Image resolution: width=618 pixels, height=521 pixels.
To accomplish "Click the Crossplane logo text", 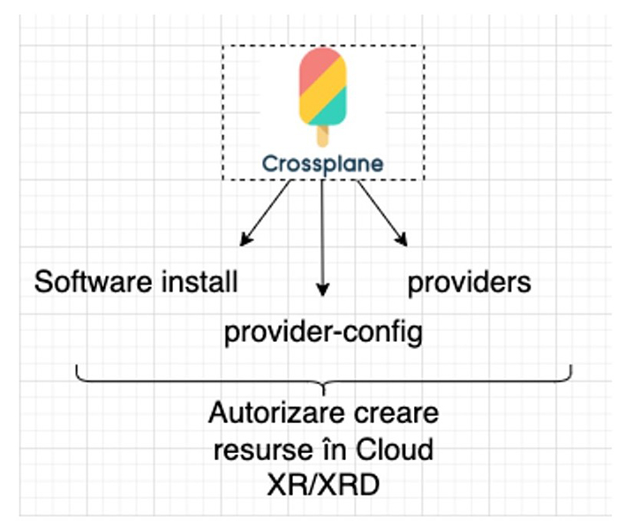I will pos(322,163).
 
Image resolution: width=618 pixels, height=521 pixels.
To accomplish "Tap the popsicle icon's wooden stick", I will pos(322,136).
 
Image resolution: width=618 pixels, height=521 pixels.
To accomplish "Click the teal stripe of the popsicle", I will pos(328,110).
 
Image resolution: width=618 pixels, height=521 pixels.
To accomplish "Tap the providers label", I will pos(469,283).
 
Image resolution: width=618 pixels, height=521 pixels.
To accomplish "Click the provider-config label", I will pos(323,333).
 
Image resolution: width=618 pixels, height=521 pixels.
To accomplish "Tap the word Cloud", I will pos(395,449).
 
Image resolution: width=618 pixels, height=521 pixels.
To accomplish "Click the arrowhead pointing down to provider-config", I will pos(322,290).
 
